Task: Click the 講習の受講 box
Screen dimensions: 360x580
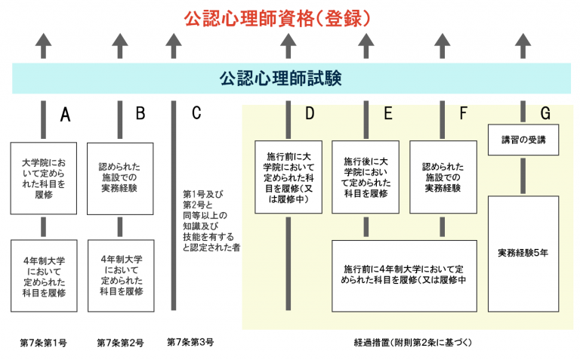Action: tap(523, 140)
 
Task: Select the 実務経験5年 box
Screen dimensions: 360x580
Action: tap(523, 253)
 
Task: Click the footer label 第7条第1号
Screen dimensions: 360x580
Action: tap(43, 343)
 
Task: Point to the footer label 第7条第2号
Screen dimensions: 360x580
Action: tap(120, 343)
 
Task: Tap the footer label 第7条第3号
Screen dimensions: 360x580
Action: tap(190, 343)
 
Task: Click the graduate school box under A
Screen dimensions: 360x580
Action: tap(44, 178)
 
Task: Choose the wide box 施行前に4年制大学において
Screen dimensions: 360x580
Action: tap(404, 275)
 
